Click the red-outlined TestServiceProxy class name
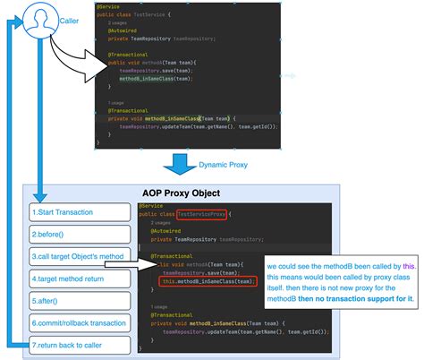pos(204,215)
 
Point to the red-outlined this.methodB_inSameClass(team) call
pos(199,283)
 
